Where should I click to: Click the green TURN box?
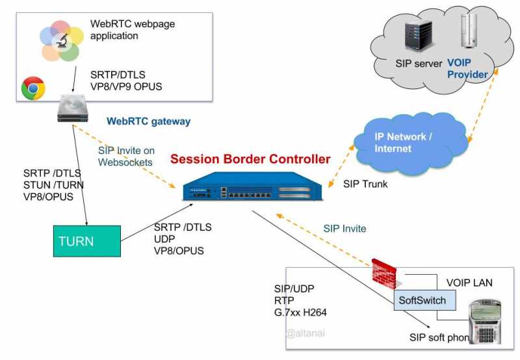(x=86, y=241)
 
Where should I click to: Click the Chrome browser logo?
(x=33, y=88)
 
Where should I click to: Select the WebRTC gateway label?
(x=148, y=122)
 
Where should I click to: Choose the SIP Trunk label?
(x=365, y=184)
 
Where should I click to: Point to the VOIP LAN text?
(x=469, y=283)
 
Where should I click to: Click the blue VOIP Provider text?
(x=467, y=69)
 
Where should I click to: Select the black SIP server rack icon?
(x=415, y=36)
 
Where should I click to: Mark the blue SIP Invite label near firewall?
(x=344, y=228)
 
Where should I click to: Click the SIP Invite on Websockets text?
(x=126, y=156)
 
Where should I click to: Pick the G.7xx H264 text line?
(x=300, y=312)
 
